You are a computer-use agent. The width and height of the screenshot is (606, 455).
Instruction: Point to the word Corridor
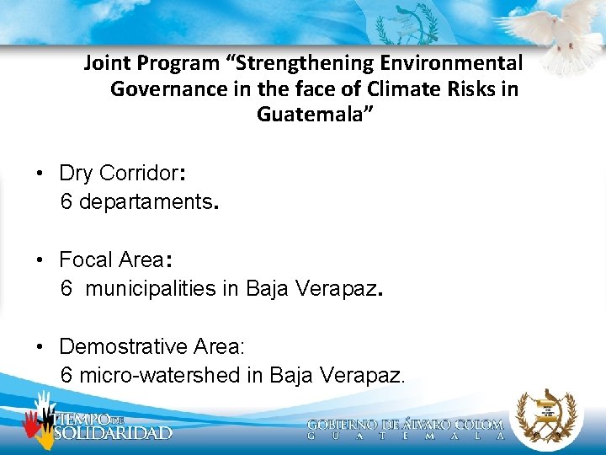[x=139, y=174]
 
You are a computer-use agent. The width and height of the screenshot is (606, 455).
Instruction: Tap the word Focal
[x=87, y=260]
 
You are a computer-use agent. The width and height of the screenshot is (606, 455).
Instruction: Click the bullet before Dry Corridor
[x=40, y=174]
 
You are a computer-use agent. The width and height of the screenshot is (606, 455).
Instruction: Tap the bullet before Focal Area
[x=40, y=260]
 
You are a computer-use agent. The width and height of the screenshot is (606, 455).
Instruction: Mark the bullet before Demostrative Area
[x=40, y=347]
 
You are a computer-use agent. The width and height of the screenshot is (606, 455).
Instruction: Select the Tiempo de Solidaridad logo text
[x=111, y=426]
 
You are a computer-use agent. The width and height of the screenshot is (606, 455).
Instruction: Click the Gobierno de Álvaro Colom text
[x=405, y=426]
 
